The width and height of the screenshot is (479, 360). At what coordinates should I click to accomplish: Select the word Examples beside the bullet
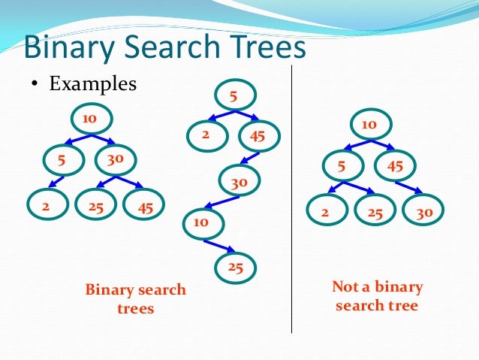point(93,83)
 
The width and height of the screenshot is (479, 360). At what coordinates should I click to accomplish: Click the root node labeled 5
point(234,95)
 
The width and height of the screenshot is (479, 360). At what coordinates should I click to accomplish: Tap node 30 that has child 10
point(239,180)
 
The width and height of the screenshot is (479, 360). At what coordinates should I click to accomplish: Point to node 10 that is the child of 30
point(202,223)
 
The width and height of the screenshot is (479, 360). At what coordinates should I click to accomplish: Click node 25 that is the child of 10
point(236,266)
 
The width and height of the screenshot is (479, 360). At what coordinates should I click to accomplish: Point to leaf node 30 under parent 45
point(424,212)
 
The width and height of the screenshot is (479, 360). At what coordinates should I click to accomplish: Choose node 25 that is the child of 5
point(375,212)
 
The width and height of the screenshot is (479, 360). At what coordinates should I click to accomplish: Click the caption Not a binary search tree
point(377,296)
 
